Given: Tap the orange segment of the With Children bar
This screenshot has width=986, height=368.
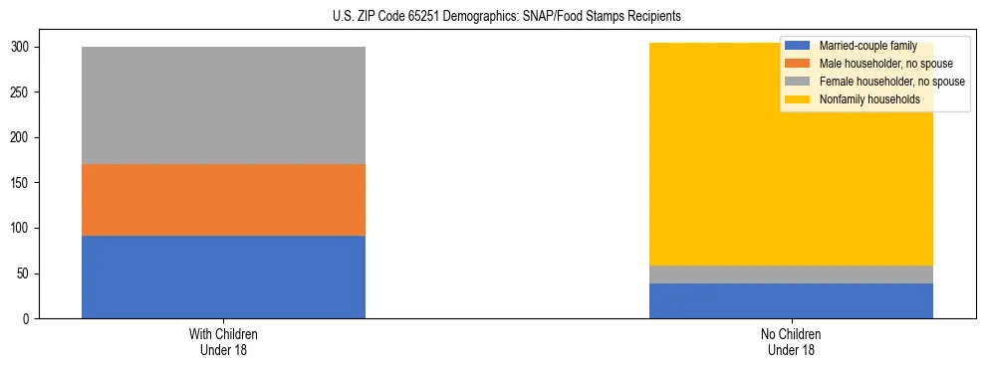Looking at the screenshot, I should click(x=223, y=200).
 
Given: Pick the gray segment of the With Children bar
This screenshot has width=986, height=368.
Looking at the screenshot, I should click(x=223, y=105).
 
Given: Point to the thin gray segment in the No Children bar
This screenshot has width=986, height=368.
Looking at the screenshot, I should click(x=791, y=275).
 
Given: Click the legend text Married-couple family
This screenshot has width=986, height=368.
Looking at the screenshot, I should click(x=866, y=46).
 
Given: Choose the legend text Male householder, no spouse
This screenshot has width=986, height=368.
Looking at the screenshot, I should click(x=878, y=64).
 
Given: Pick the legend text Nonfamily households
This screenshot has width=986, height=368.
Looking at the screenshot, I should click(x=863, y=99).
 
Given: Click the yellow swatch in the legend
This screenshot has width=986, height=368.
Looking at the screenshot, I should click(x=797, y=99).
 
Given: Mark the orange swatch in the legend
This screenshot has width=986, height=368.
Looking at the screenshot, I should click(x=797, y=64).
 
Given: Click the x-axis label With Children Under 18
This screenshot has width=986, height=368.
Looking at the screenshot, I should click(x=223, y=341).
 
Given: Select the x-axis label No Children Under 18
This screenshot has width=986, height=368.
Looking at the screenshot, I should click(x=791, y=341).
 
